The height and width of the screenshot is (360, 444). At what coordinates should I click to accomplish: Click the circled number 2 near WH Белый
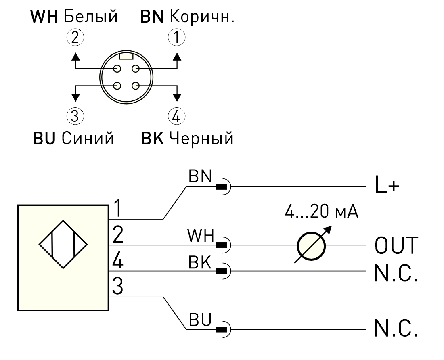pos(75,38)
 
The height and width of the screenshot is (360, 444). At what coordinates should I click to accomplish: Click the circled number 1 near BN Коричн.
pos(177,38)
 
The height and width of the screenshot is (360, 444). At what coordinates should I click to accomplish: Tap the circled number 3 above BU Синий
pos(75,116)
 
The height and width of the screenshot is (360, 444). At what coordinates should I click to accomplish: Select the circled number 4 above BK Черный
pos(176,116)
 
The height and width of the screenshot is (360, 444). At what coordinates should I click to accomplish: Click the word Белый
pos(90,17)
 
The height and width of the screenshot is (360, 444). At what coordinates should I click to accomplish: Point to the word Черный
pos(201,139)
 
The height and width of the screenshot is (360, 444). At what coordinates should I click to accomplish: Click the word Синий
pos(88,138)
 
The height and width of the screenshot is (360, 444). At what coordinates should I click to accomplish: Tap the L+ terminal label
pos(387,185)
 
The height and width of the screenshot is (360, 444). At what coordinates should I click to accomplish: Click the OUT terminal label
pos(396,245)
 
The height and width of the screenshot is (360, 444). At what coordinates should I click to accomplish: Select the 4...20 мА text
pos(322,211)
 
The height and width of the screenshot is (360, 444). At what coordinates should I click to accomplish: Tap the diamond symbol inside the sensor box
pos(63,244)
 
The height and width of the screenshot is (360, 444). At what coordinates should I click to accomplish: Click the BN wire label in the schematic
pos(200,176)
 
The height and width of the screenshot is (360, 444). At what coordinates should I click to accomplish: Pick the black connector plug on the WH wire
pos(222,245)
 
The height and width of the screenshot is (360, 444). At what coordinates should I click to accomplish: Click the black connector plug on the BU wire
pos(222,329)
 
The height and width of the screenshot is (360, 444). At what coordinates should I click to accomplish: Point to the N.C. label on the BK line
pos(396,273)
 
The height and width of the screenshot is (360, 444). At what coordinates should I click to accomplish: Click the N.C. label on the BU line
pos(396,328)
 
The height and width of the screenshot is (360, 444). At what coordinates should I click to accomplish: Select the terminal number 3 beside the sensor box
pos(117,287)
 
